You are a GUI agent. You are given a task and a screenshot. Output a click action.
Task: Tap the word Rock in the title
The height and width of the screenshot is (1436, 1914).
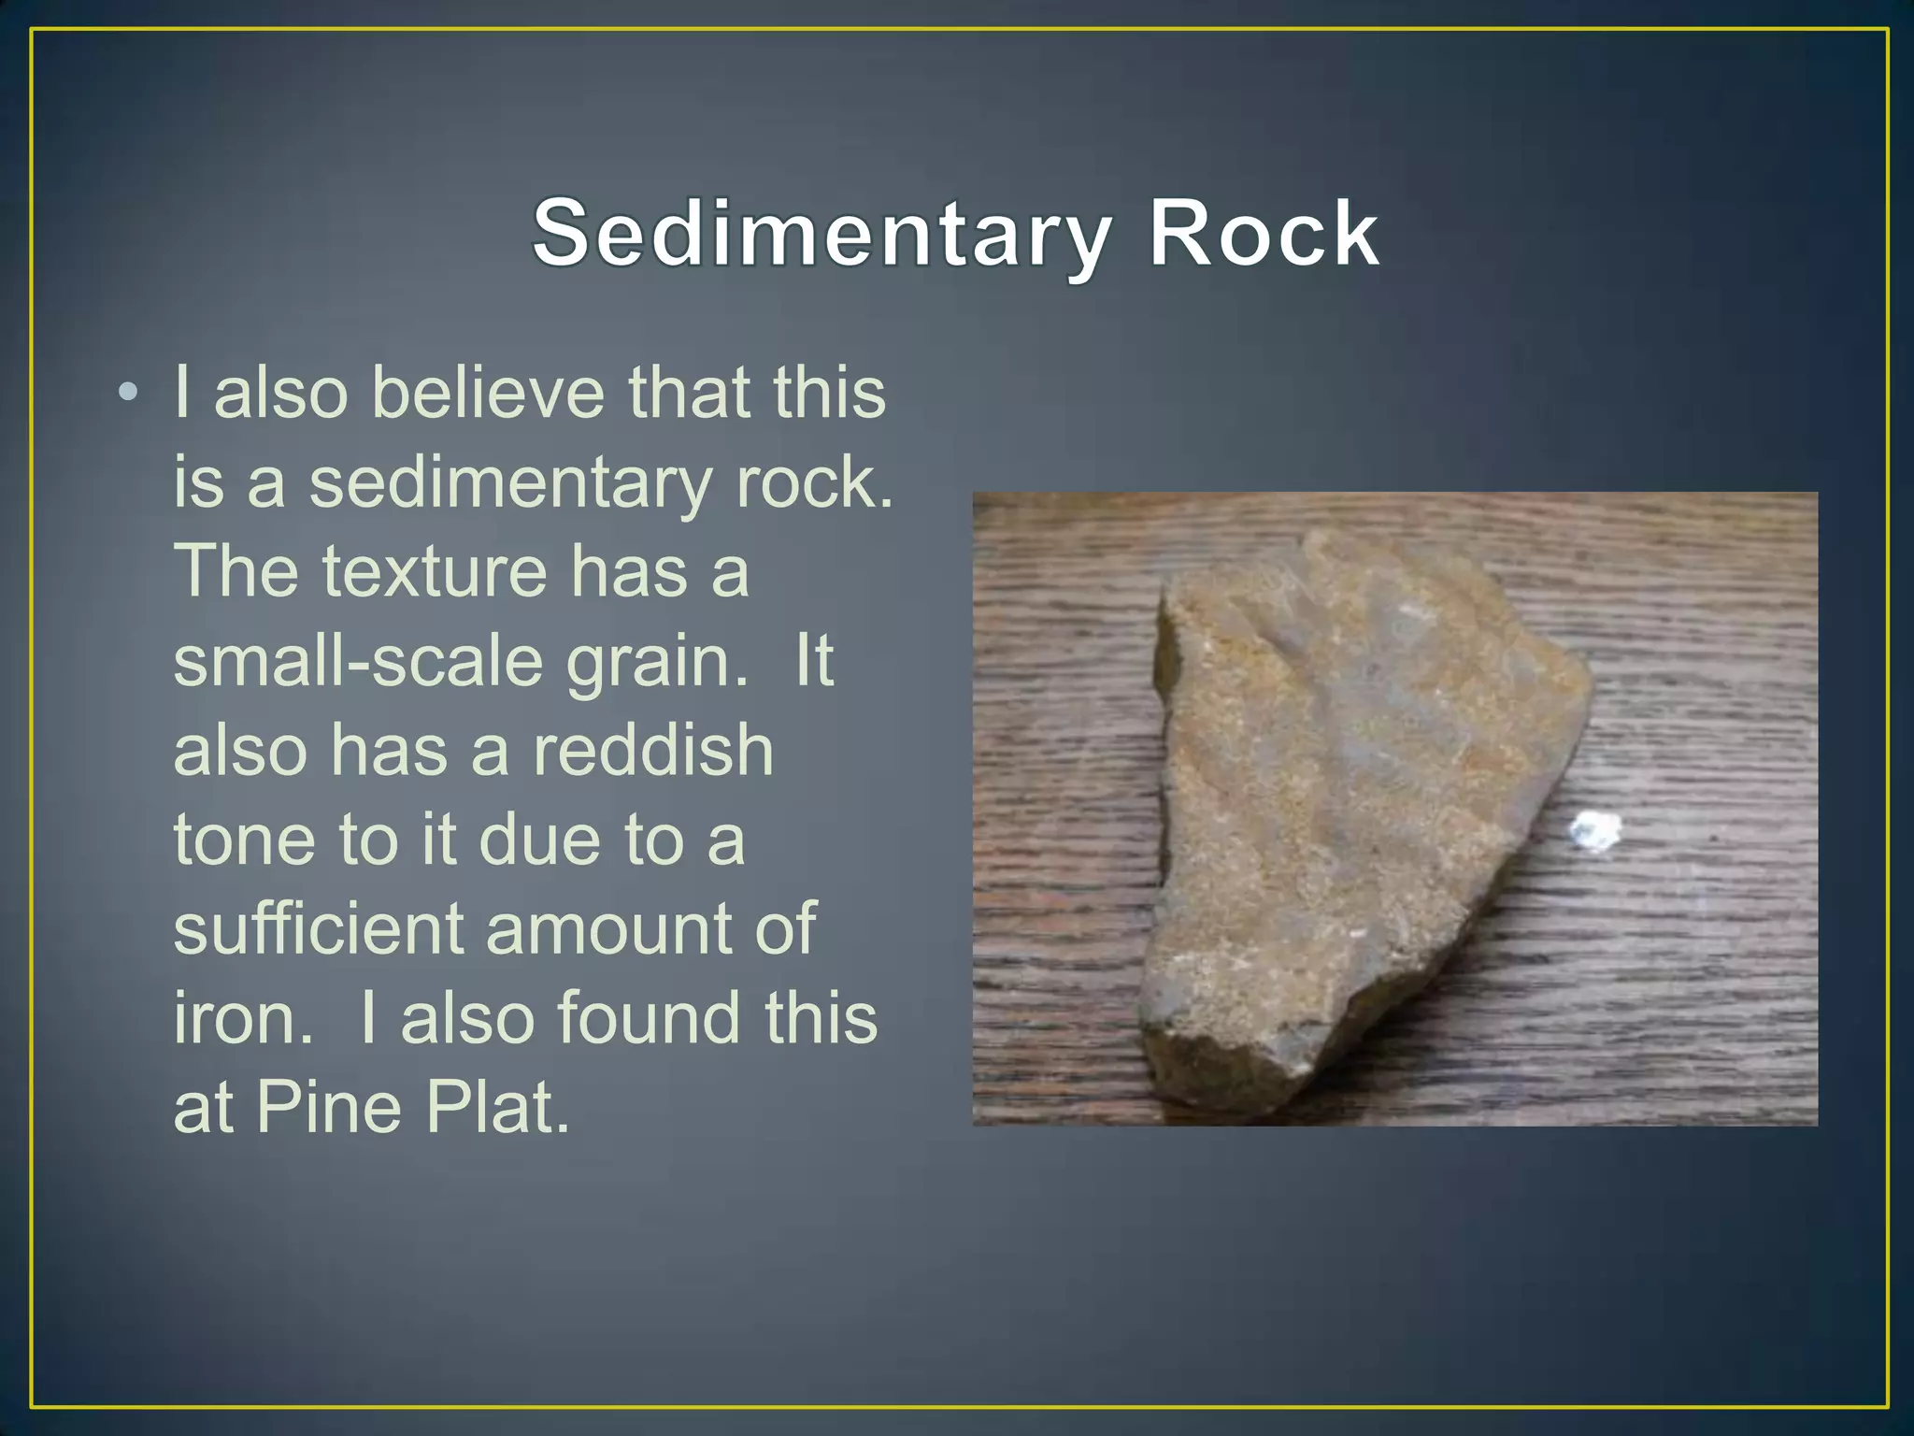(x=1263, y=234)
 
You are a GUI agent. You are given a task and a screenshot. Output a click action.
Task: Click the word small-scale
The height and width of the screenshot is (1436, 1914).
(x=358, y=661)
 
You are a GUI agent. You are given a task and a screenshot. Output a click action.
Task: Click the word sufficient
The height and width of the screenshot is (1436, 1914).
(x=318, y=928)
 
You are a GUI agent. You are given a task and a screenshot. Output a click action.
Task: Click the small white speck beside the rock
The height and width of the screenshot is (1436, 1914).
(x=1594, y=830)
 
